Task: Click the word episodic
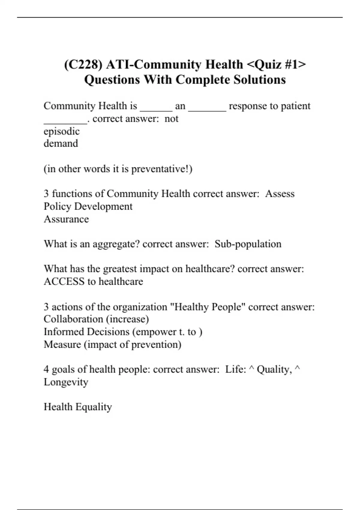click(x=61, y=131)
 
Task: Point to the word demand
click(x=61, y=143)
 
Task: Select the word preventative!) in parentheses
click(x=162, y=169)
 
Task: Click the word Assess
click(x=280, y=194)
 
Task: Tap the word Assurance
click(x=66, y=219)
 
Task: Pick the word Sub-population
click(x=248, y=244)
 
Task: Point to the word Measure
click(x=62, y=344)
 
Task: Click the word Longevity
click(x=66, y=382)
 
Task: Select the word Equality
click(x=94, y=407)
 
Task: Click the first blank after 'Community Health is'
click(x=156, y=106)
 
